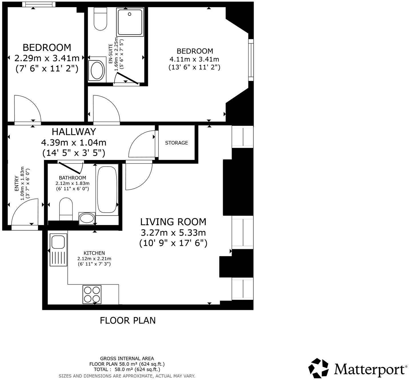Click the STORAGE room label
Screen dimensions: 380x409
point(177,143)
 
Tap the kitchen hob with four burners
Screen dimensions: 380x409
point(92,294)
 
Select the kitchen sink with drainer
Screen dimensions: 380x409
point(58,250)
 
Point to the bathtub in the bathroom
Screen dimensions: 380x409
point(107,190)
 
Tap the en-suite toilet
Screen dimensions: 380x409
point(100,19)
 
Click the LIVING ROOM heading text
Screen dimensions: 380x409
point(173,222)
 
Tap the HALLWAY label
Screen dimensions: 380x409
point(74,132)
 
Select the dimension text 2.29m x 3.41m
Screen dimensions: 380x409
point(47,58)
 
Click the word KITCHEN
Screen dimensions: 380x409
point(94,253)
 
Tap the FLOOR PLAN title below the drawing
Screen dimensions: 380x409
point(128,320)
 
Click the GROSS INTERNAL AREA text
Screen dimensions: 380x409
point(127,358)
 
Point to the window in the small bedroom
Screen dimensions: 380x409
point(39,4)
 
